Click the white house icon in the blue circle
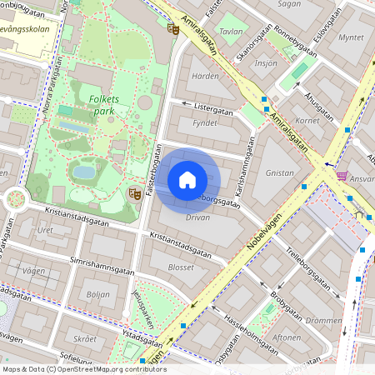(x=187, y=179)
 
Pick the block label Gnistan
(x=278, y=172)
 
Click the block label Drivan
(x=197, y=217)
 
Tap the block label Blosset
(x=181, y=267)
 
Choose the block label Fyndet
(x=205, y=122)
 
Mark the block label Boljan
(x=97, y=293)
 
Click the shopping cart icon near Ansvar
(x=342, y=176)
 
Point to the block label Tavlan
(x=231, y=32)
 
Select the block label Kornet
(x=308, y=121)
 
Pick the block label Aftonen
(x=287, y=337)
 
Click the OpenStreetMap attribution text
(x=83, y=369)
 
